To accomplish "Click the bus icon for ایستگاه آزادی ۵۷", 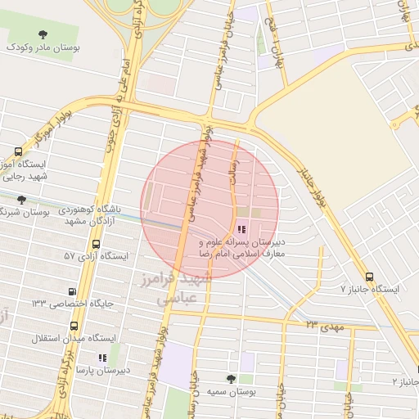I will [97, 244].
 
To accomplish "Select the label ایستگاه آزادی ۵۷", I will [97, 257].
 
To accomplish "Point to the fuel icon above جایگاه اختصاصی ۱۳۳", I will [74, 291].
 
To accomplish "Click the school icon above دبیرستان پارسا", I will [101, 358].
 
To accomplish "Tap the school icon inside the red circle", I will [241, 229].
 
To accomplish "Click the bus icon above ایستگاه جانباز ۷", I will [370, 277].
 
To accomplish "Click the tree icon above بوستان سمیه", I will [230, 378].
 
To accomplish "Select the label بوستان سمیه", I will [230, 391].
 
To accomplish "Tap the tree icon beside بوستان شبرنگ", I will [21, 199].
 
